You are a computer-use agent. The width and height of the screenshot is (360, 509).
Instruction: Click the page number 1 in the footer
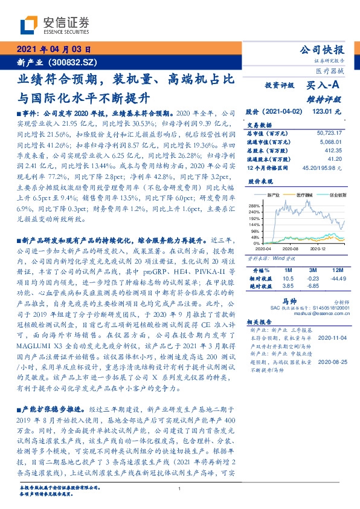click(x=180, y=489)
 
